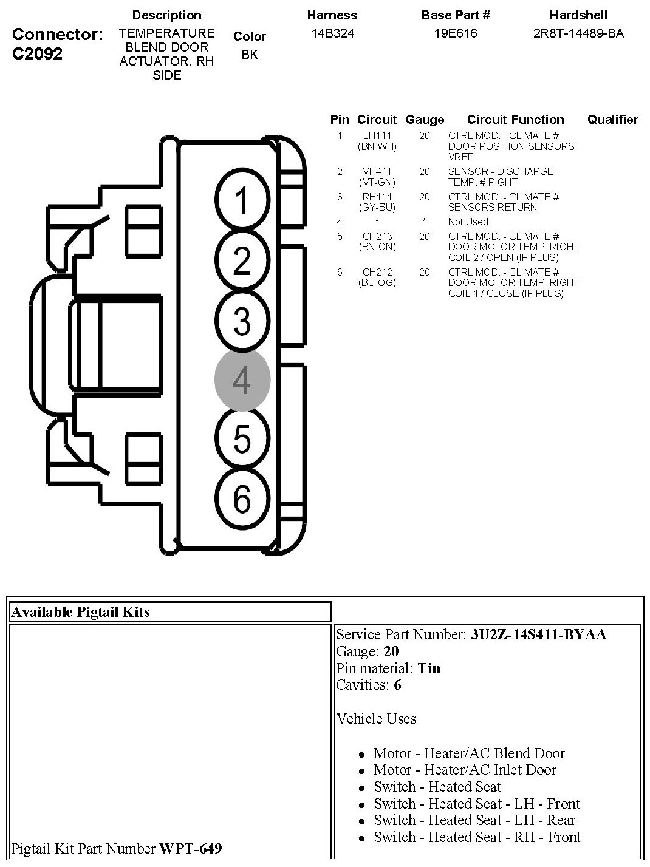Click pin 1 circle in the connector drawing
tap(242, 201)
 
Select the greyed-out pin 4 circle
tap(242, 380)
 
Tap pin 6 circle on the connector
tap(242, 499)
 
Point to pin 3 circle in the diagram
tap(242, 321)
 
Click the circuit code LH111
tap(377, 135)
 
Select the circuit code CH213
tap(377, 236)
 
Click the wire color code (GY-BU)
tap(377, 207)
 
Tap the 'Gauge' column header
tap(424, 120)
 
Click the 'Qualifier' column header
tap(612, 120)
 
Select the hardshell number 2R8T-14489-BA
tap(578, 33)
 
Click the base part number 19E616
tap(455, 33)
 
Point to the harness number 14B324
tap(332, 33)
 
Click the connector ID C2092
tap(37, 54)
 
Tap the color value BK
tap(249, 55)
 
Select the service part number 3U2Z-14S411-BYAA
tap(538, 635)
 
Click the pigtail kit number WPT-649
tap(190, 848)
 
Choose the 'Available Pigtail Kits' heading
tap(80, 612)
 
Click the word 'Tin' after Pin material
tap(429, 668)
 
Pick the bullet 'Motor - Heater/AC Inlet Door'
tap(465, 770)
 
